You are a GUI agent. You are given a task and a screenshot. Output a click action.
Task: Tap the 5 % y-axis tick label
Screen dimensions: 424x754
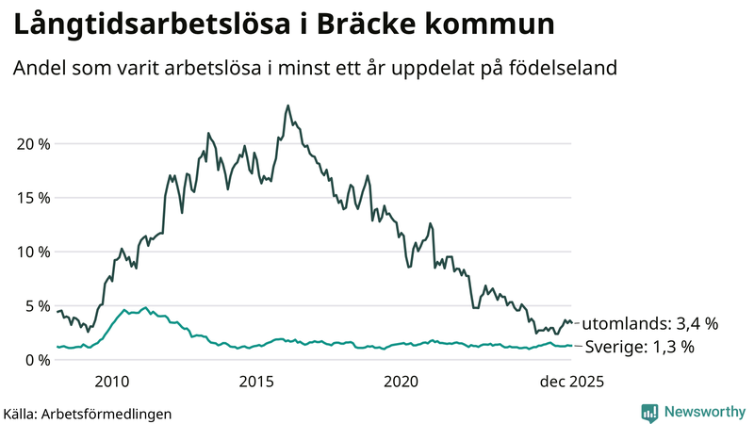tap(35, 306)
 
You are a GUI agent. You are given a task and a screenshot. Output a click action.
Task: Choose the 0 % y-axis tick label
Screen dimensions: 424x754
tap(35, 360)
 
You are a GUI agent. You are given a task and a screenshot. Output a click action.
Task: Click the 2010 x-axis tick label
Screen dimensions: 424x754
tap(111, 382)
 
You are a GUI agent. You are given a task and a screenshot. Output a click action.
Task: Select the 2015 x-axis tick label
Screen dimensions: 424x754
tap(256, 382)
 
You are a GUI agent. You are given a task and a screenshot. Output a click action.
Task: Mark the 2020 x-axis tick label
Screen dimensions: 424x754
tap(402, 382)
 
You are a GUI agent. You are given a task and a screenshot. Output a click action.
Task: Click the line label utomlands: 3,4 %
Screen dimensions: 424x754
tap(650, 323)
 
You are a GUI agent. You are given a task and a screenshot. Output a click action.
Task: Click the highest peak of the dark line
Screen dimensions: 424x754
tap(287, 106)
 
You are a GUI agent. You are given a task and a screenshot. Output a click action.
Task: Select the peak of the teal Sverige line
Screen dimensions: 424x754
tap(144, 307)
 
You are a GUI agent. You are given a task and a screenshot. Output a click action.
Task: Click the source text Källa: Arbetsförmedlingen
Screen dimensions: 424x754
tap(88, 413)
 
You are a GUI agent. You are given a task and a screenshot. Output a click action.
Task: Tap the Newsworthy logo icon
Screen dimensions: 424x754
tap(649, 412)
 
